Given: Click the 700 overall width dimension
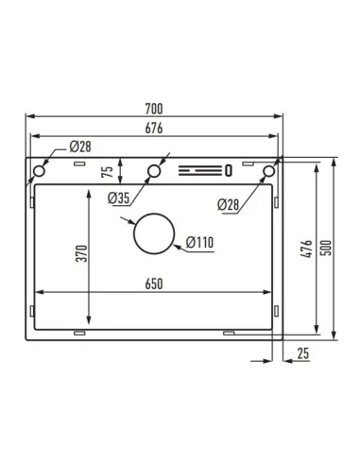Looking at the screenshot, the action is pos(154,109).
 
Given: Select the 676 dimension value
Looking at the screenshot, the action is pos(154,129).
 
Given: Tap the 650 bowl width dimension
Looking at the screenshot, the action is pos(154,284).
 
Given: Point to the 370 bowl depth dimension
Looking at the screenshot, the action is pos(81,253).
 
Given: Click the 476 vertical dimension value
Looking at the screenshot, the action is pos(306,249).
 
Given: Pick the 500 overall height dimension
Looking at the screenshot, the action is pos(327,248).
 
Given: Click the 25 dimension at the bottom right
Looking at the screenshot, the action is pos(303,353).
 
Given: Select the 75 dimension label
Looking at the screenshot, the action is pos(108,171).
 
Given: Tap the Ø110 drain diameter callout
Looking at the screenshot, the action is pos(199,243).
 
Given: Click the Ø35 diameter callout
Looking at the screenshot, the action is pos(118,198).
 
